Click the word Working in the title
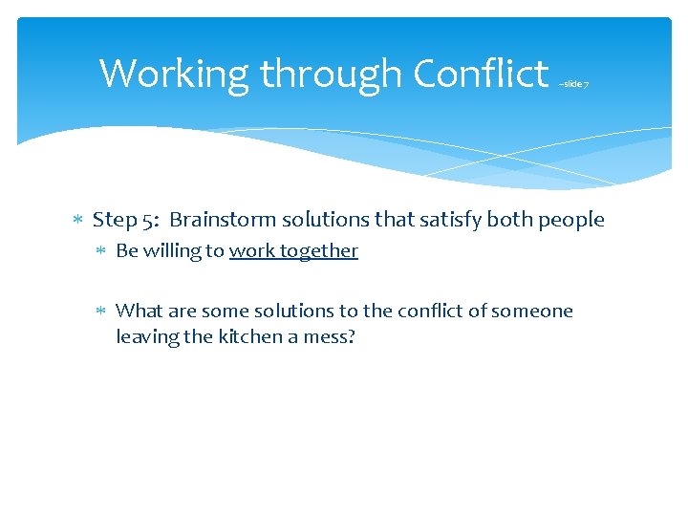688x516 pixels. tap(175, 74)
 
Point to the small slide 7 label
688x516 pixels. tap(573, 84)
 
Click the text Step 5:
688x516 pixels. tap(125, 220)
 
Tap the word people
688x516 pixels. tap(571, 221)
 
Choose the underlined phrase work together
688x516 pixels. tap(293, 251)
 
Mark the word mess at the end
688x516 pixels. tap(333, 336)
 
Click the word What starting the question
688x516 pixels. tap(139, 311)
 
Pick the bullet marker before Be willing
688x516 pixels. tap(103, 251)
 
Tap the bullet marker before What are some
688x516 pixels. tap(103, 311)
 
